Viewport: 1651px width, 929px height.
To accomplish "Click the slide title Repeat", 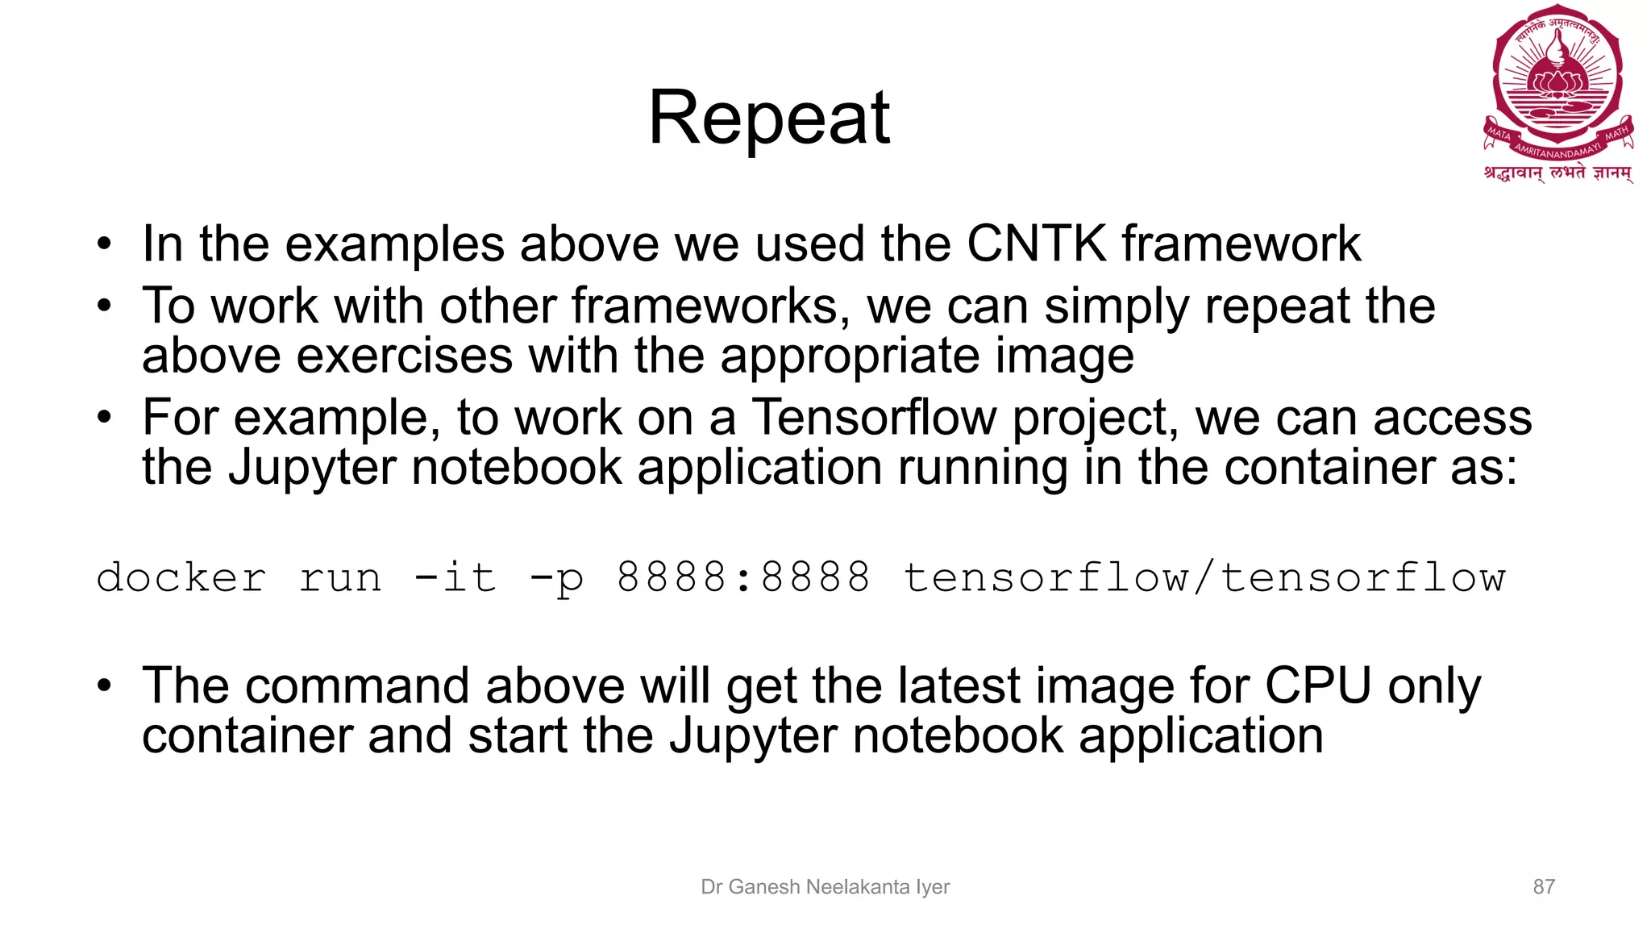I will (769, 118).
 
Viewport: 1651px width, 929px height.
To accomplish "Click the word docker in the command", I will (181, 577).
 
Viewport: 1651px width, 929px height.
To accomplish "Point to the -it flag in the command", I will (455, 577).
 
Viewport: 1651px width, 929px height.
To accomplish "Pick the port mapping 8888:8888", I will (743, 577).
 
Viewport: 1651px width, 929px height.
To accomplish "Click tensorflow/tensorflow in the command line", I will (1204, 577).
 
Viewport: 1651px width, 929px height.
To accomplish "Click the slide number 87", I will (1543, 887).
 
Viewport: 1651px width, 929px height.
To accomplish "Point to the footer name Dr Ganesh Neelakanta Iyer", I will (825, 887).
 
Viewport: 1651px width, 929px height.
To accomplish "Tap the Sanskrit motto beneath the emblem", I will (1557, 173).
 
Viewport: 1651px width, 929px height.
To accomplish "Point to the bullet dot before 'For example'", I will (104, 418).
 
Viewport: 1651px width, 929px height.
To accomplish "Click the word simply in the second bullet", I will (1117, 307).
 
